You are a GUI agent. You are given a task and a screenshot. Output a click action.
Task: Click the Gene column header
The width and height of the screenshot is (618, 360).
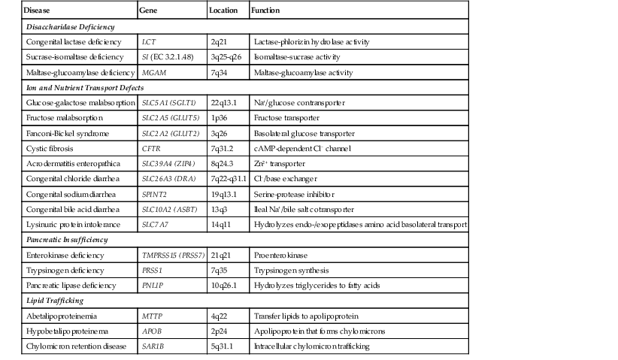(x=149, y=11)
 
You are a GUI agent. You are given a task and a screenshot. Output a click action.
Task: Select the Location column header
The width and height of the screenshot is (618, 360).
(x=223, y=11)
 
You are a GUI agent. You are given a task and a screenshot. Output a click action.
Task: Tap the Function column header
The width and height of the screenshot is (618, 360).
(x=267, y=11)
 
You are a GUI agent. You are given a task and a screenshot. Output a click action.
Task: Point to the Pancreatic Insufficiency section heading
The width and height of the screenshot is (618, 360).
(x=66, y=240)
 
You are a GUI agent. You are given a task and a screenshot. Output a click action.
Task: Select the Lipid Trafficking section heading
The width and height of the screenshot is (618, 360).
(x=53, y=301)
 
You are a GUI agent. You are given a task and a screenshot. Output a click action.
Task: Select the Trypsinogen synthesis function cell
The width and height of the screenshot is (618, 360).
(x=290, y=270)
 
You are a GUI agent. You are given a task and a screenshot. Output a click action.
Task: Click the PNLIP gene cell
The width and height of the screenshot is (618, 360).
(x=153, y=286)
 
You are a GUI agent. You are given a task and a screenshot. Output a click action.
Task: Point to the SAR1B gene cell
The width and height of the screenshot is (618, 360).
(x=153, y=346)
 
